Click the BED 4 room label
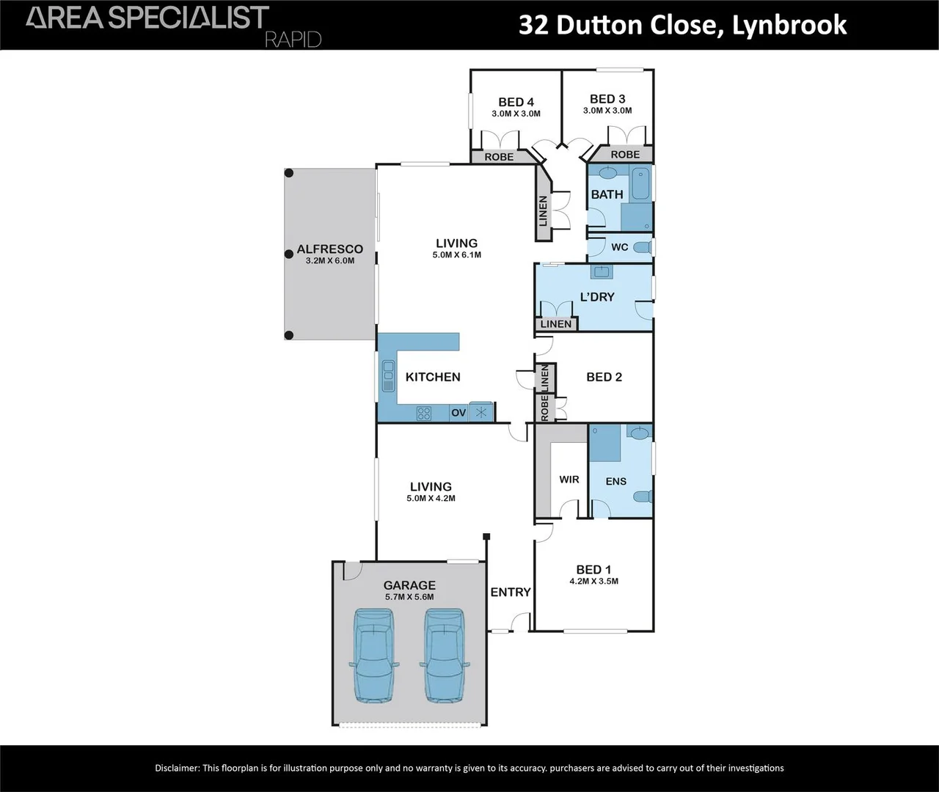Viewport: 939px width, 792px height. tap(516, 102)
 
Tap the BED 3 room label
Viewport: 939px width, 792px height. tap(607, 99)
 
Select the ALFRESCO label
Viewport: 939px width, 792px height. tap(329, 249)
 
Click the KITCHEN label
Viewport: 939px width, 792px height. tap(433, 377)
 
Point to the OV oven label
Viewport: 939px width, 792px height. tap(458, 413)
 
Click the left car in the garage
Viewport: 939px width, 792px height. tap(373, 654)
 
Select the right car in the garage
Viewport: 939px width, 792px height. tap(445, 654)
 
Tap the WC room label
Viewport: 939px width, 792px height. tap(619, 247)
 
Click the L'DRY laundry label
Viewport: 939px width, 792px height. tap(597, 297)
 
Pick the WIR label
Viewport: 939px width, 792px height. tap(569, 480)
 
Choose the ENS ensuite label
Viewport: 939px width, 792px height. tap(616, 481)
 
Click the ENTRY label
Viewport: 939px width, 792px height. tap(511, 592)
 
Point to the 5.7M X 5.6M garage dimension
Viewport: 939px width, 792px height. tap(409, 597)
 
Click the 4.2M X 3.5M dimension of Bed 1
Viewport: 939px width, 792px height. tap(593, 582)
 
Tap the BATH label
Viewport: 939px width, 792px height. tap(607, 194)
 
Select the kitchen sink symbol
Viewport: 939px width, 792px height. tap(388, 376)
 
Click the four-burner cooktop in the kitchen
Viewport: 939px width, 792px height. tap(423, 413)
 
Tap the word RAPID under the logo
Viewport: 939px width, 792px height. tap(293, 40)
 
